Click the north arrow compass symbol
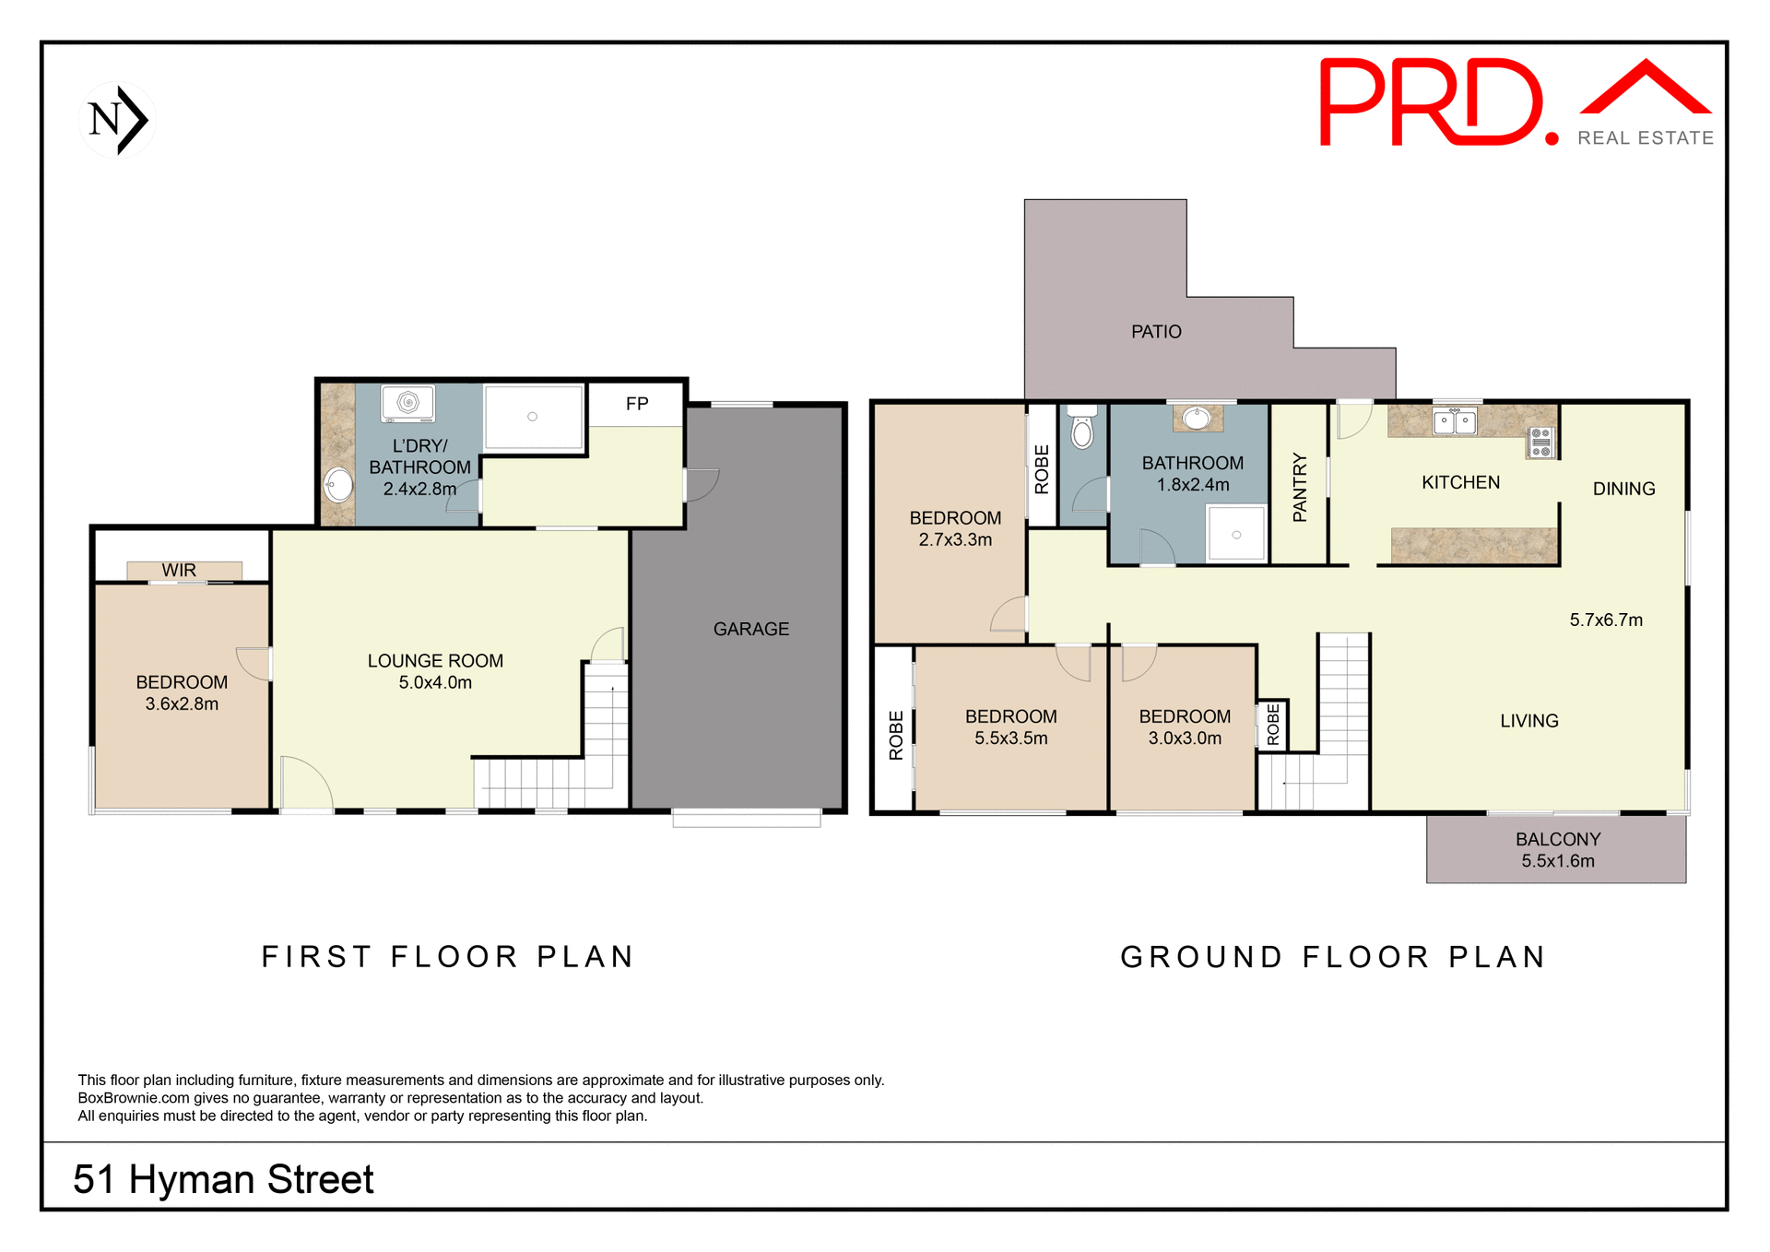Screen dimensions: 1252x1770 click(118, 120)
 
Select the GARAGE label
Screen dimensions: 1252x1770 click(750, 629)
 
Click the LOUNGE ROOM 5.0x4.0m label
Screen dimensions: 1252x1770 click(435, 671)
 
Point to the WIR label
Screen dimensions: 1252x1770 click(179, 571)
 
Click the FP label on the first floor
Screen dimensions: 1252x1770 click(637, 404)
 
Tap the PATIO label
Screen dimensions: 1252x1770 click(1156, 332)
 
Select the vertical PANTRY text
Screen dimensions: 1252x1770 click(1300, 487)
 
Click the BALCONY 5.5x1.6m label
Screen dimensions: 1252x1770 click(1557, 850)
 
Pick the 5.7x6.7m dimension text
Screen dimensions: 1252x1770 click(1606, 620)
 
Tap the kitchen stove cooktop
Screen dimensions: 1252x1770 click(1540, 443)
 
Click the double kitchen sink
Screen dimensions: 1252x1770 click(1455, 421)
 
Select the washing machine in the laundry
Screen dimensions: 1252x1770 click(408, 403)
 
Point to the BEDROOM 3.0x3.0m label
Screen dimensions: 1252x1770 click(1185, 727)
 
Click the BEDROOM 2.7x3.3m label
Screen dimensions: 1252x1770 click(955, 529)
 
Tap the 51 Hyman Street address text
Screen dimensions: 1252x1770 click(223, 1179)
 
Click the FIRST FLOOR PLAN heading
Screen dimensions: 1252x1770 click(448, 957)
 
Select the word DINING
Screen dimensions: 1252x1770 click(1623, 490)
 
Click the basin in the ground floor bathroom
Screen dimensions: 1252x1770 click(1197, 419)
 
